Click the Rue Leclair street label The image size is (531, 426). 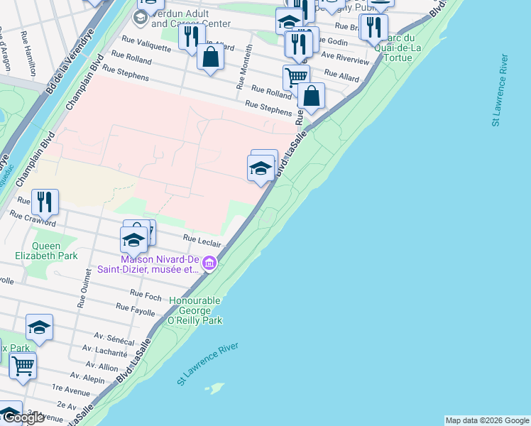[202, 241]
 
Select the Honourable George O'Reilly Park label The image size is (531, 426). [196, 310]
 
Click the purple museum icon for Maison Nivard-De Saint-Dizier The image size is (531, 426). [209, 265]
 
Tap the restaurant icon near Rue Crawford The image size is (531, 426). [45, 202]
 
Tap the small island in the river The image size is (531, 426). [213, 388]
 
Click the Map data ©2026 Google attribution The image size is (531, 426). [487, 420]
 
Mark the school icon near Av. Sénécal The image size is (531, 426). [39, 327]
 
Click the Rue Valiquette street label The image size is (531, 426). [146, 45]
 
